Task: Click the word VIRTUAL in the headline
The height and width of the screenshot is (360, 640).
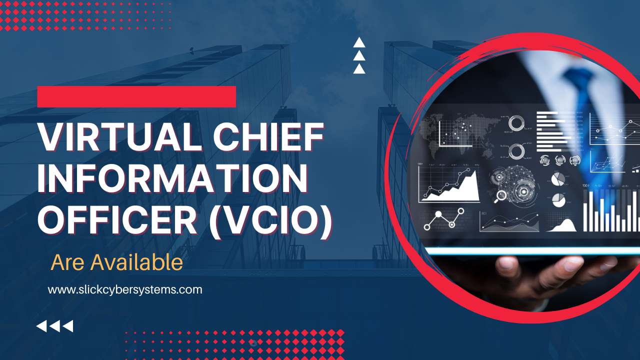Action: [x=120, y=136]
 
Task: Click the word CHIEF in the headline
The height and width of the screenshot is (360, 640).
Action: [x=269, y=136]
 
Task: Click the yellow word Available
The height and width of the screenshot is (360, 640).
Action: [x=136, y=262]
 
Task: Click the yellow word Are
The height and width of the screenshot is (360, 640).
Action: [x=67, y=262]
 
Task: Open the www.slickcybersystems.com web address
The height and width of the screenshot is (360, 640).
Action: [x=125, y=289]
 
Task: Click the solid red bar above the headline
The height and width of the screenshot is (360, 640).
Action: [x=136, y=96]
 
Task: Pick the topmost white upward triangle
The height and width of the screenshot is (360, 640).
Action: [x=359, y=43]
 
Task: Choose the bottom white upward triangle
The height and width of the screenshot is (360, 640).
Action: [x=359, y=69]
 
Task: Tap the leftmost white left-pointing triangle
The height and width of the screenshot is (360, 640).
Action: [x=42, y=326]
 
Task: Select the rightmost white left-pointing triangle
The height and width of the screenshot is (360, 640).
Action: [x=68, y=326]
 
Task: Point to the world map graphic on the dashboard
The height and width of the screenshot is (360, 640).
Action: [x=460, y=133]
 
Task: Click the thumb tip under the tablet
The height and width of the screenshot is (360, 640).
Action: [x=505, y=264]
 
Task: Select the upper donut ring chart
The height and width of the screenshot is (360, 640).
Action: [x=516, y=123]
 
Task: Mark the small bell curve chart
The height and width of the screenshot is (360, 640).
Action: [x=561, y=225]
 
